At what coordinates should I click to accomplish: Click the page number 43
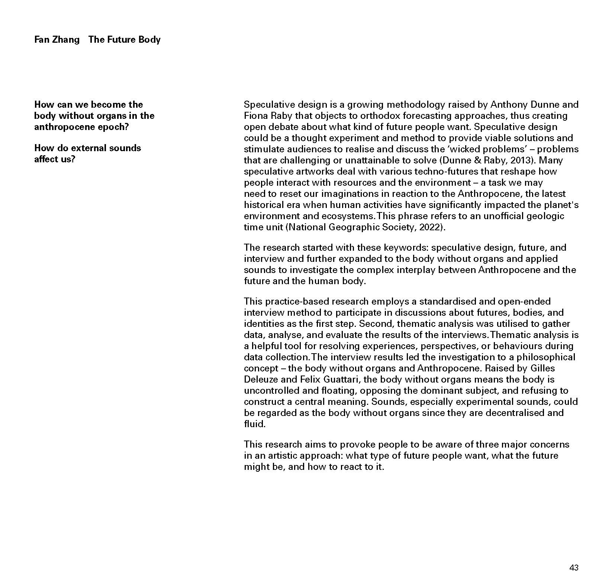574,568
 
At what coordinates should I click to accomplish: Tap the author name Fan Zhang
57,40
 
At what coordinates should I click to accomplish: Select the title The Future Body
124,40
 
